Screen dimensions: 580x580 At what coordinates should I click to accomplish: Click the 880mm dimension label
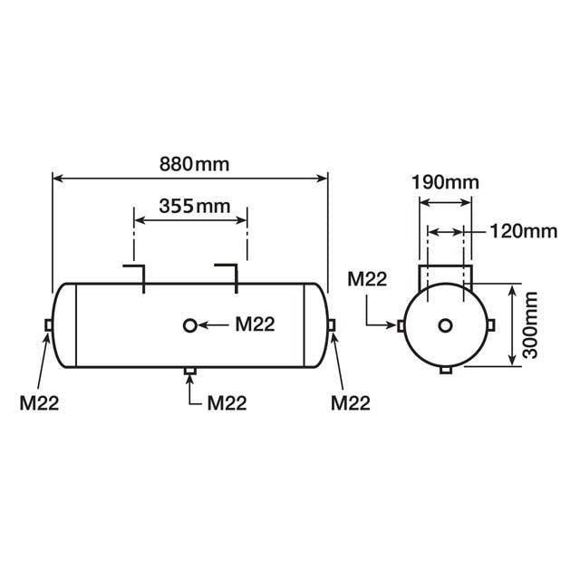pos(190,165)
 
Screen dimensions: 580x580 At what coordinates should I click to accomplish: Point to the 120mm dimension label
pos(521,230)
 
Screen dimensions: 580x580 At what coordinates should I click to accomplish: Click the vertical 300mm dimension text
pos(530,324)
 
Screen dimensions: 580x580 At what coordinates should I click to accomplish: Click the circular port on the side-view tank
pos(189,325)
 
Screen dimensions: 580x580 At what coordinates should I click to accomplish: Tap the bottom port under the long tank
pos(189,371)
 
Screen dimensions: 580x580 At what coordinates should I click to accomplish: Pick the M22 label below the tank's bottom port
pos(227,402)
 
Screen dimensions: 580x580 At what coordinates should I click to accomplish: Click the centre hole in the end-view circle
pos(445,325)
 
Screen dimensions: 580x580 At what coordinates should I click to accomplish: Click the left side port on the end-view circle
pos(400,325)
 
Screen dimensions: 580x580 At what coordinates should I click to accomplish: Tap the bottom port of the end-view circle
pos(445,371)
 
